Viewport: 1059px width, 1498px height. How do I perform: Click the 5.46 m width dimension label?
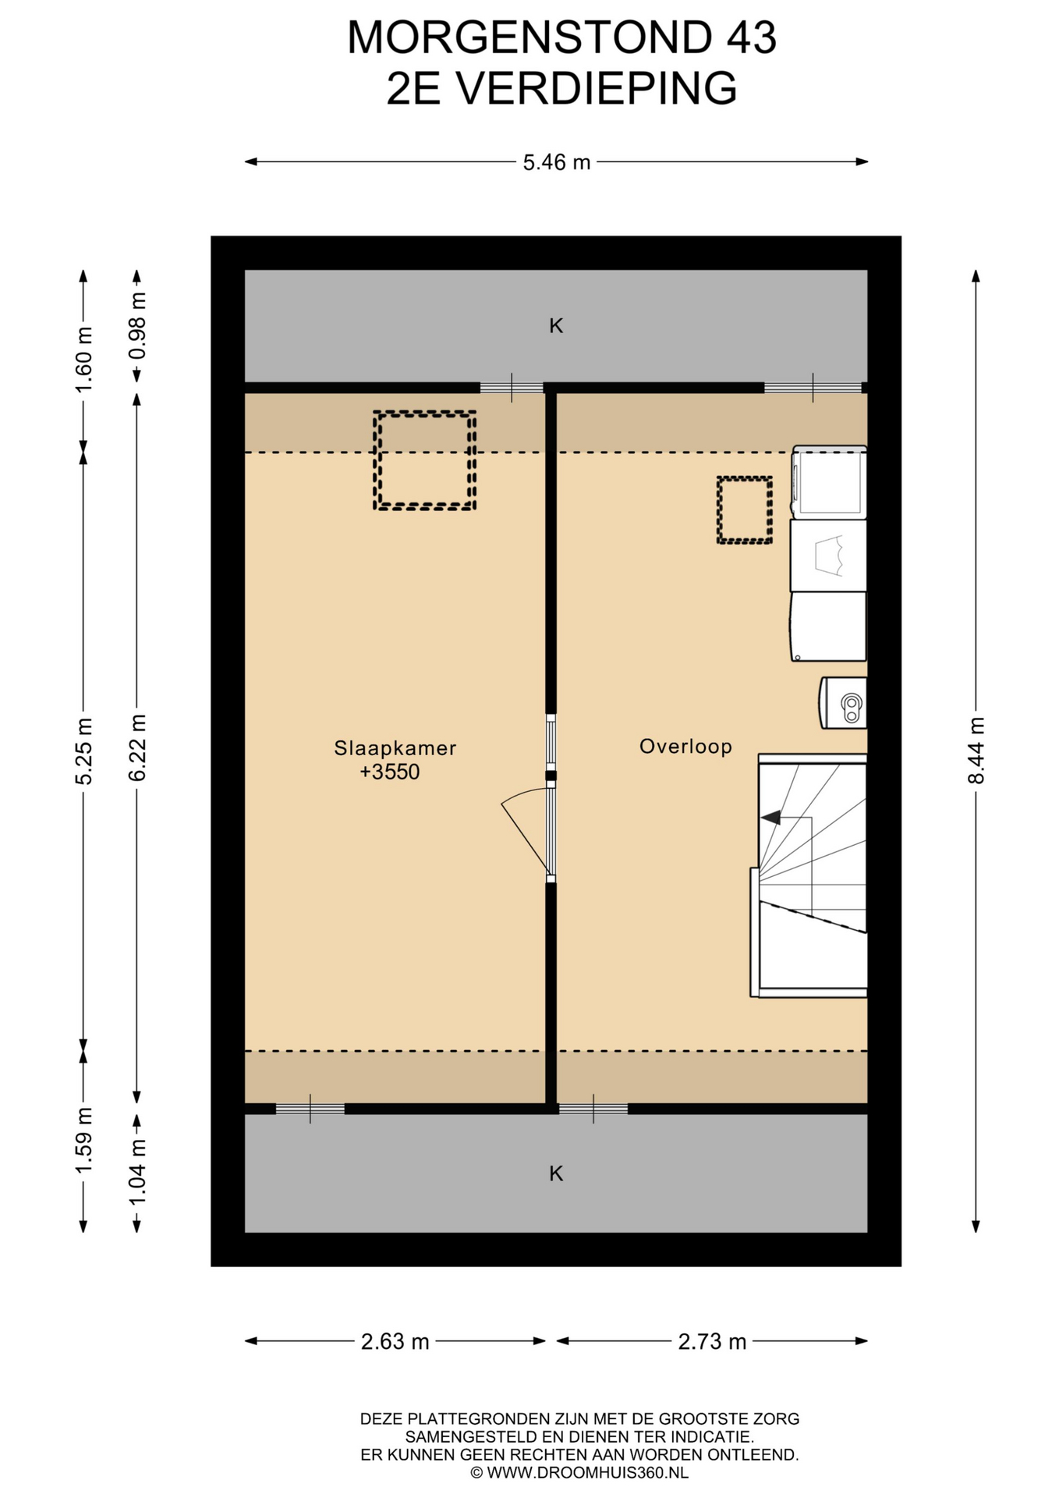(556, 162)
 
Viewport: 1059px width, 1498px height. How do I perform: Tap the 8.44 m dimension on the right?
(976, 751)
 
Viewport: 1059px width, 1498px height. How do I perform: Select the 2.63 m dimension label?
(395, 1341)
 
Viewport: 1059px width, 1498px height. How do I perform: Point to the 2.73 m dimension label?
(712, 1341)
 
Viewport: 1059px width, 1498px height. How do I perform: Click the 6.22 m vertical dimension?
(137, 747)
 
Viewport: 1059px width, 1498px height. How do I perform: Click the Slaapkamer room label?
(395, 748)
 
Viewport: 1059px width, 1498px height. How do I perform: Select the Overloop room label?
(685, 747)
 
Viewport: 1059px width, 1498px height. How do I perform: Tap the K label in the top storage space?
(556, 326)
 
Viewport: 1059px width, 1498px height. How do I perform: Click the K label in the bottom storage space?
(556, 1173)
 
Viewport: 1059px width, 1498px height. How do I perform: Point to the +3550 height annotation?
(390, 772)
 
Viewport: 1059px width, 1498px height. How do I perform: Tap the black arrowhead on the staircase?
(770, 818)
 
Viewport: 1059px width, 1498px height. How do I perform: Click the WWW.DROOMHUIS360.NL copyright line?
(579, 1473)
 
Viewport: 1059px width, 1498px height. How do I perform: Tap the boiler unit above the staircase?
(843, 703)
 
